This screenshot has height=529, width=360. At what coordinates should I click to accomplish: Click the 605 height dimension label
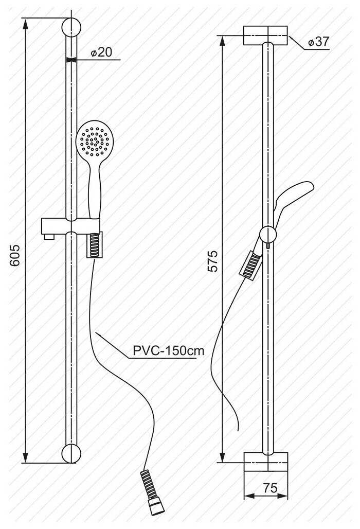15,256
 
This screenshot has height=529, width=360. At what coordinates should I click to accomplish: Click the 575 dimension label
213,261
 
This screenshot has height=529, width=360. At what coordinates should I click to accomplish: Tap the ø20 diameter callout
101,52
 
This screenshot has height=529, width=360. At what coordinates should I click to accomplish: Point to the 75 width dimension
270,488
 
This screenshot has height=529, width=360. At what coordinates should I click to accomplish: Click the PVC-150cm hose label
169,350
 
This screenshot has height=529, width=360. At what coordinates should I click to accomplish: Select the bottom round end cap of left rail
71,453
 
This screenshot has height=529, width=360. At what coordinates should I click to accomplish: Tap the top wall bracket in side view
265,36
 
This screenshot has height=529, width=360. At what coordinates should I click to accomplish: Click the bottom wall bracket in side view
265,462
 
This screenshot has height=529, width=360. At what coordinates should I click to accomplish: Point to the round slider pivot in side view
268,235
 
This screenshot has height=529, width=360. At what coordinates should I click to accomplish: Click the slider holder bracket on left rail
71,225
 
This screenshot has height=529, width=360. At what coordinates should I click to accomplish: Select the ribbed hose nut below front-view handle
95,245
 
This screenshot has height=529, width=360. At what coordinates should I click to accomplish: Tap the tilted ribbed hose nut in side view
251,266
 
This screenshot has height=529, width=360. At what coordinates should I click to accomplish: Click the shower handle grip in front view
95,189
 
